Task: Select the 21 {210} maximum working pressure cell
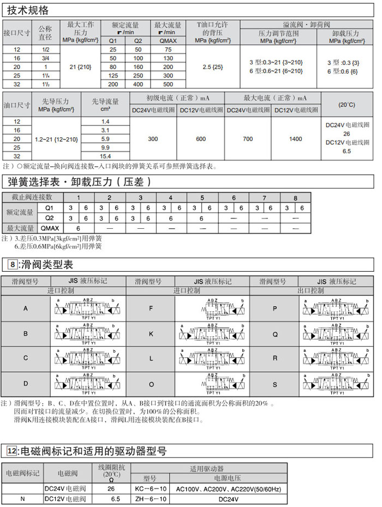point(80,66)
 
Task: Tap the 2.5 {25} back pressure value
point(213,66)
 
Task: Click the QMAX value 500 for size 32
point(168,84)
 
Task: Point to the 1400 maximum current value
point(295,139)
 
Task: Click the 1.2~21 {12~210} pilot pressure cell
point(56,139)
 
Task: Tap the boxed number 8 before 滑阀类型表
point(13,265)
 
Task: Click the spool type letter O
point(151,384)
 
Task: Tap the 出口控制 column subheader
point(312,291)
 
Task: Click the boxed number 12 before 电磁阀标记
point(13,451)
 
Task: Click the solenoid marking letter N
point(22,498)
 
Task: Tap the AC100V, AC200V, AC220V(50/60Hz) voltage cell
point(228,488)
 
